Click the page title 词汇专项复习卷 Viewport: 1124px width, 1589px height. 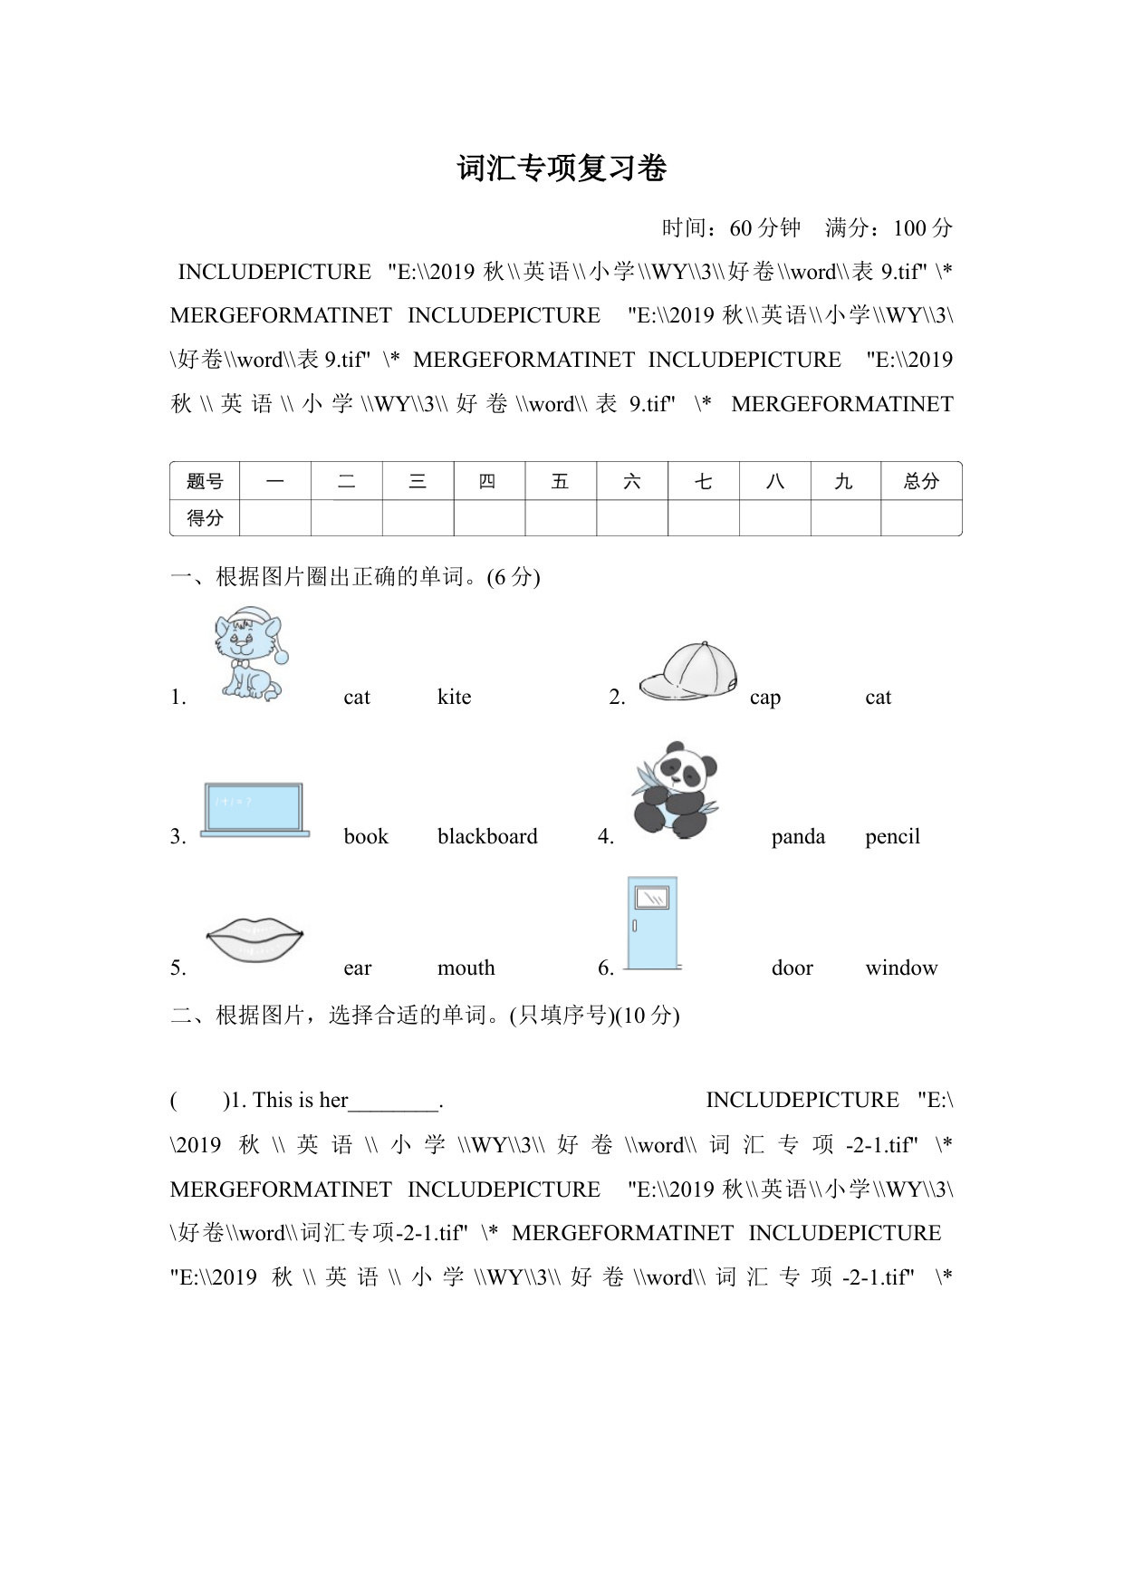562,169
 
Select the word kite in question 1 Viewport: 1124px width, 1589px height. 454,697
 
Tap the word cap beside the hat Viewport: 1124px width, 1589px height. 764,697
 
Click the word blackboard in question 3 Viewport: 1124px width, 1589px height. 487,836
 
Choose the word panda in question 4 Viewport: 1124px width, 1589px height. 798,836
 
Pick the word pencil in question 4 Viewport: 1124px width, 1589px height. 892,836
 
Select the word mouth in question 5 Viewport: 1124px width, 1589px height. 466,968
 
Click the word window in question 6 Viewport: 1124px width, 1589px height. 901,968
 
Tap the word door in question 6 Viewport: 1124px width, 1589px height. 792,968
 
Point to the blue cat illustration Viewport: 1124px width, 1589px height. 250,654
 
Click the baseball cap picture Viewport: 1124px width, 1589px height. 688,671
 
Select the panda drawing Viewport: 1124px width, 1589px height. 674,790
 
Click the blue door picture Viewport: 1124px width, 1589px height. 652,922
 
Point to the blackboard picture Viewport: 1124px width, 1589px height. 254,809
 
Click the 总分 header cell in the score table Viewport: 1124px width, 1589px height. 921,481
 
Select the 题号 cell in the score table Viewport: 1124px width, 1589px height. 205,481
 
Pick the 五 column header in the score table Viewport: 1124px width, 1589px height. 560,481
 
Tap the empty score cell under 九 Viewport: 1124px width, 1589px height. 845,518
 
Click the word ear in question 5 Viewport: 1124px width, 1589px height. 358,968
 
